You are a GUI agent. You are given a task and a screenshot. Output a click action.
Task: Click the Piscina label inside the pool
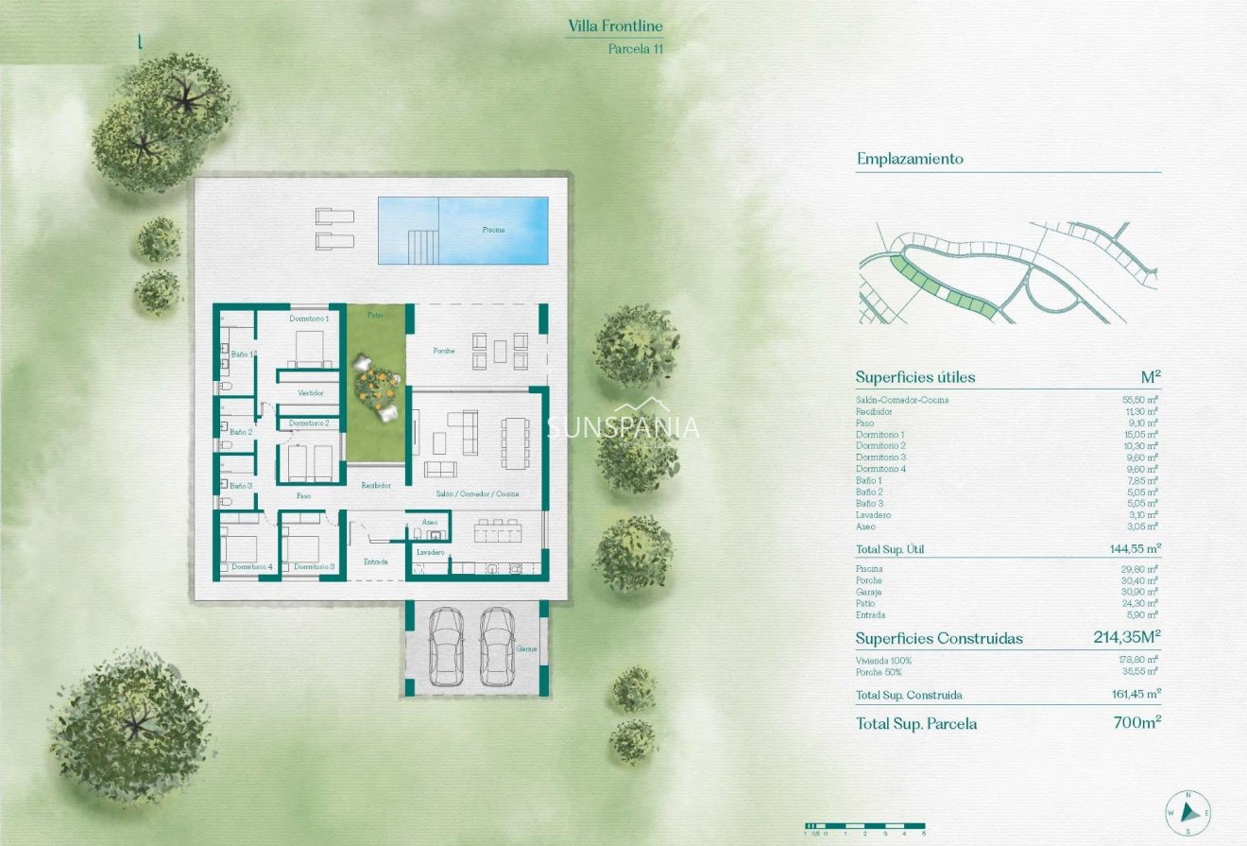click(x=493, y=230)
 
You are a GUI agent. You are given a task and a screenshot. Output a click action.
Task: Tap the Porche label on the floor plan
click(x=444, y=351)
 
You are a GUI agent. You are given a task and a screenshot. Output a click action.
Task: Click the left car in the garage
click(x=445, y=647)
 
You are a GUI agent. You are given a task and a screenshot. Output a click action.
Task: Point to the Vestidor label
click(x=311, y=392)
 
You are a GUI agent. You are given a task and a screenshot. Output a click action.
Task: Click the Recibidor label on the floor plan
click(x=375, y=485)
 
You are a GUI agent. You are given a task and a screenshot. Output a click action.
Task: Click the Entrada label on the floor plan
click(x=376, y=561)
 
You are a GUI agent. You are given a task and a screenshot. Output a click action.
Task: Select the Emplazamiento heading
click(x=910, y=159)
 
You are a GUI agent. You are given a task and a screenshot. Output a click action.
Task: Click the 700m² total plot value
click(x=1137, y=723)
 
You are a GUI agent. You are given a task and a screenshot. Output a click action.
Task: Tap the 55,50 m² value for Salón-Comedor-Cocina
click(x=1140, y=400)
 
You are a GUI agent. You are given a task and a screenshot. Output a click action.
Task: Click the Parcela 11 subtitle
click(x=636, y=49)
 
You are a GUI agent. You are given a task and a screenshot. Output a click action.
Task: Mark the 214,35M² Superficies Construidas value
click(x=1126, y=638)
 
